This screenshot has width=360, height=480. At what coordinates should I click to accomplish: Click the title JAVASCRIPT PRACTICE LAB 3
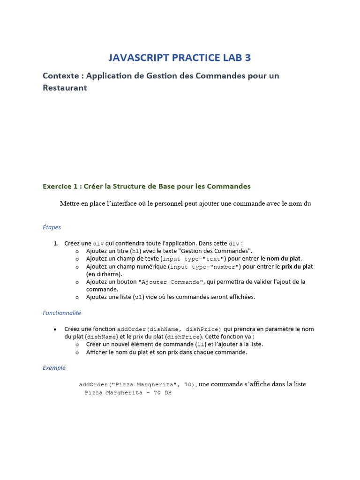[x=180, y=58]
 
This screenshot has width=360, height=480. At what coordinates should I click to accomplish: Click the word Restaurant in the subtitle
[x=65, y=88]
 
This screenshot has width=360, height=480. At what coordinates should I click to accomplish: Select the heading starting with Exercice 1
[x=146, y=186]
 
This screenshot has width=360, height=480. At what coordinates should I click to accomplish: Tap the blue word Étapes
[x=52, y=227]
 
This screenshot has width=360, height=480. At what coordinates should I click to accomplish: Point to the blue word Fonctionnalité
[x=62, y=313]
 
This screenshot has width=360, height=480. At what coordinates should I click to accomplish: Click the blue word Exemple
[x=54, y=368]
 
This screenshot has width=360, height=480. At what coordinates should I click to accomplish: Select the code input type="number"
[x=205, y=267]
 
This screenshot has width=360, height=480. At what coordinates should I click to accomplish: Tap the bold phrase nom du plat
[x=284, y=259]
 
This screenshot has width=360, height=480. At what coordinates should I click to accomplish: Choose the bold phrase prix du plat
[x=297, y=267]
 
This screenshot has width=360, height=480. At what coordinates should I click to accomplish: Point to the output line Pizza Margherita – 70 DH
[x=128, y=393]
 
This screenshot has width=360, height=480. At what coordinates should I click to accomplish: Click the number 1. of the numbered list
[x=56, y=243]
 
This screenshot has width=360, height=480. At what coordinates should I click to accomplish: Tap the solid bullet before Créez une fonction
[x=56, y=329]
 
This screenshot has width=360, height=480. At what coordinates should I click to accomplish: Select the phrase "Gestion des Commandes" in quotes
[x=220, y=251]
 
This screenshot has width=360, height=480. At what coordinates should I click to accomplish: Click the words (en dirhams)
[x=104, y=274]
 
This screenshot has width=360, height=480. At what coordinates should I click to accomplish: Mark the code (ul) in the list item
[x=138, y=297]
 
